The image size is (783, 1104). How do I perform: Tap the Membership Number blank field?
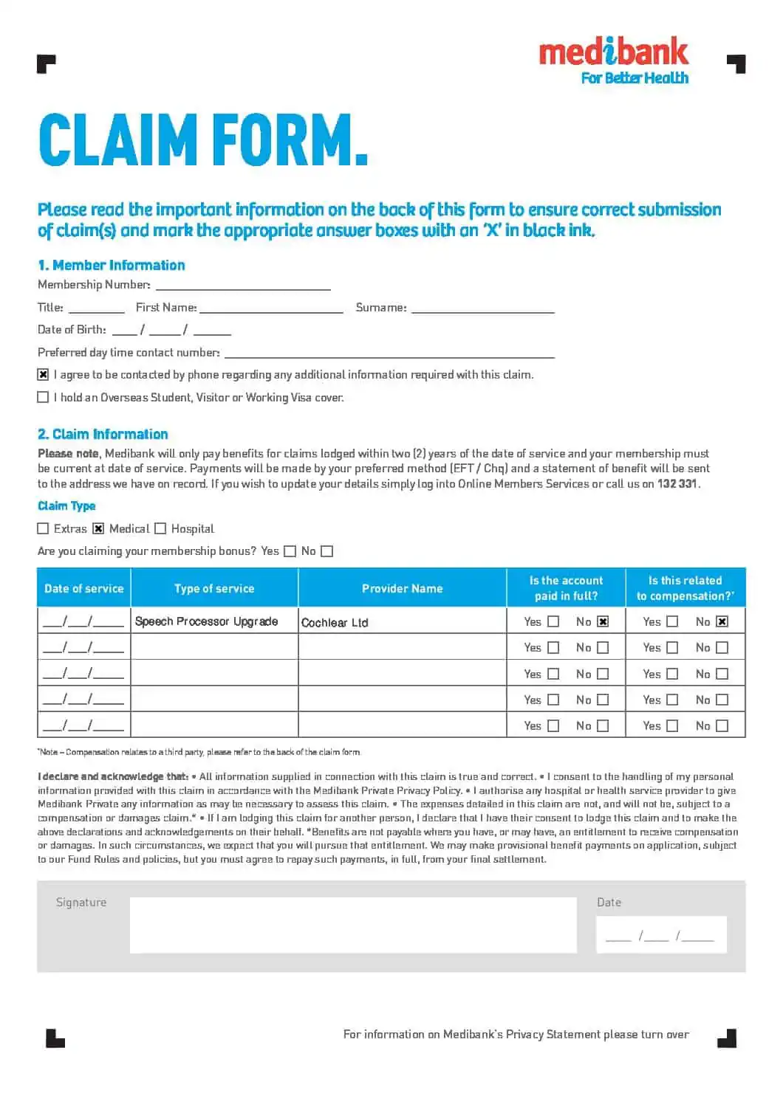243,284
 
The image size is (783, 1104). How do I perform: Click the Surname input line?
482,307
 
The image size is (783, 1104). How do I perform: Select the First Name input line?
271,307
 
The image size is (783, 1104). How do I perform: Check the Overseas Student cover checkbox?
43,397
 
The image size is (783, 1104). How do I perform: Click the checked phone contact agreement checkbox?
43,375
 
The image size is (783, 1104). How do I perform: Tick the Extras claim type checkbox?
43,528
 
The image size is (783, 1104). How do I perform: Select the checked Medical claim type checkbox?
98,528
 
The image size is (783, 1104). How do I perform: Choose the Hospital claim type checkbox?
160,528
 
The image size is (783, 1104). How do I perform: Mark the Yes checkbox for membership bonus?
290,551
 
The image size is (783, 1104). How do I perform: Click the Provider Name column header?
402,588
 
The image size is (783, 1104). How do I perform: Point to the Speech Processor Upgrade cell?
214,621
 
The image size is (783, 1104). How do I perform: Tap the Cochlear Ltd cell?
402,622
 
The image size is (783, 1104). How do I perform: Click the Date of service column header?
83,588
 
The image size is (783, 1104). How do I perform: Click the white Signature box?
353,925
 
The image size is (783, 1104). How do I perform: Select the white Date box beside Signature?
661,934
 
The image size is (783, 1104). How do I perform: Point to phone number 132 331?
677,484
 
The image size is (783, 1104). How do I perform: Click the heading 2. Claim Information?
103,434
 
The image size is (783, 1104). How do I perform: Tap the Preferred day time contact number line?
389,353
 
